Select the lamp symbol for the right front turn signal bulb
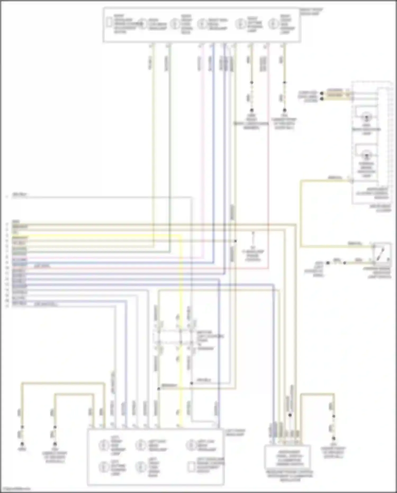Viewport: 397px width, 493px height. tap(175, 24)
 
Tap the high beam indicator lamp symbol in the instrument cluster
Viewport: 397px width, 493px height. tap(367, 117)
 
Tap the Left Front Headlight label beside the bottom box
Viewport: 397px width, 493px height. tap(235, 433)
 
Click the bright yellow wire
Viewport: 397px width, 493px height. tap(181, 318)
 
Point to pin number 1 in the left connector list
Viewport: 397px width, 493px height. tap(7, 197)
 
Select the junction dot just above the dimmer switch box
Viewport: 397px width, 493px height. tap(290, 415)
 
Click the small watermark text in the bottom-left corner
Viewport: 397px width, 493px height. tap(15, 489)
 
